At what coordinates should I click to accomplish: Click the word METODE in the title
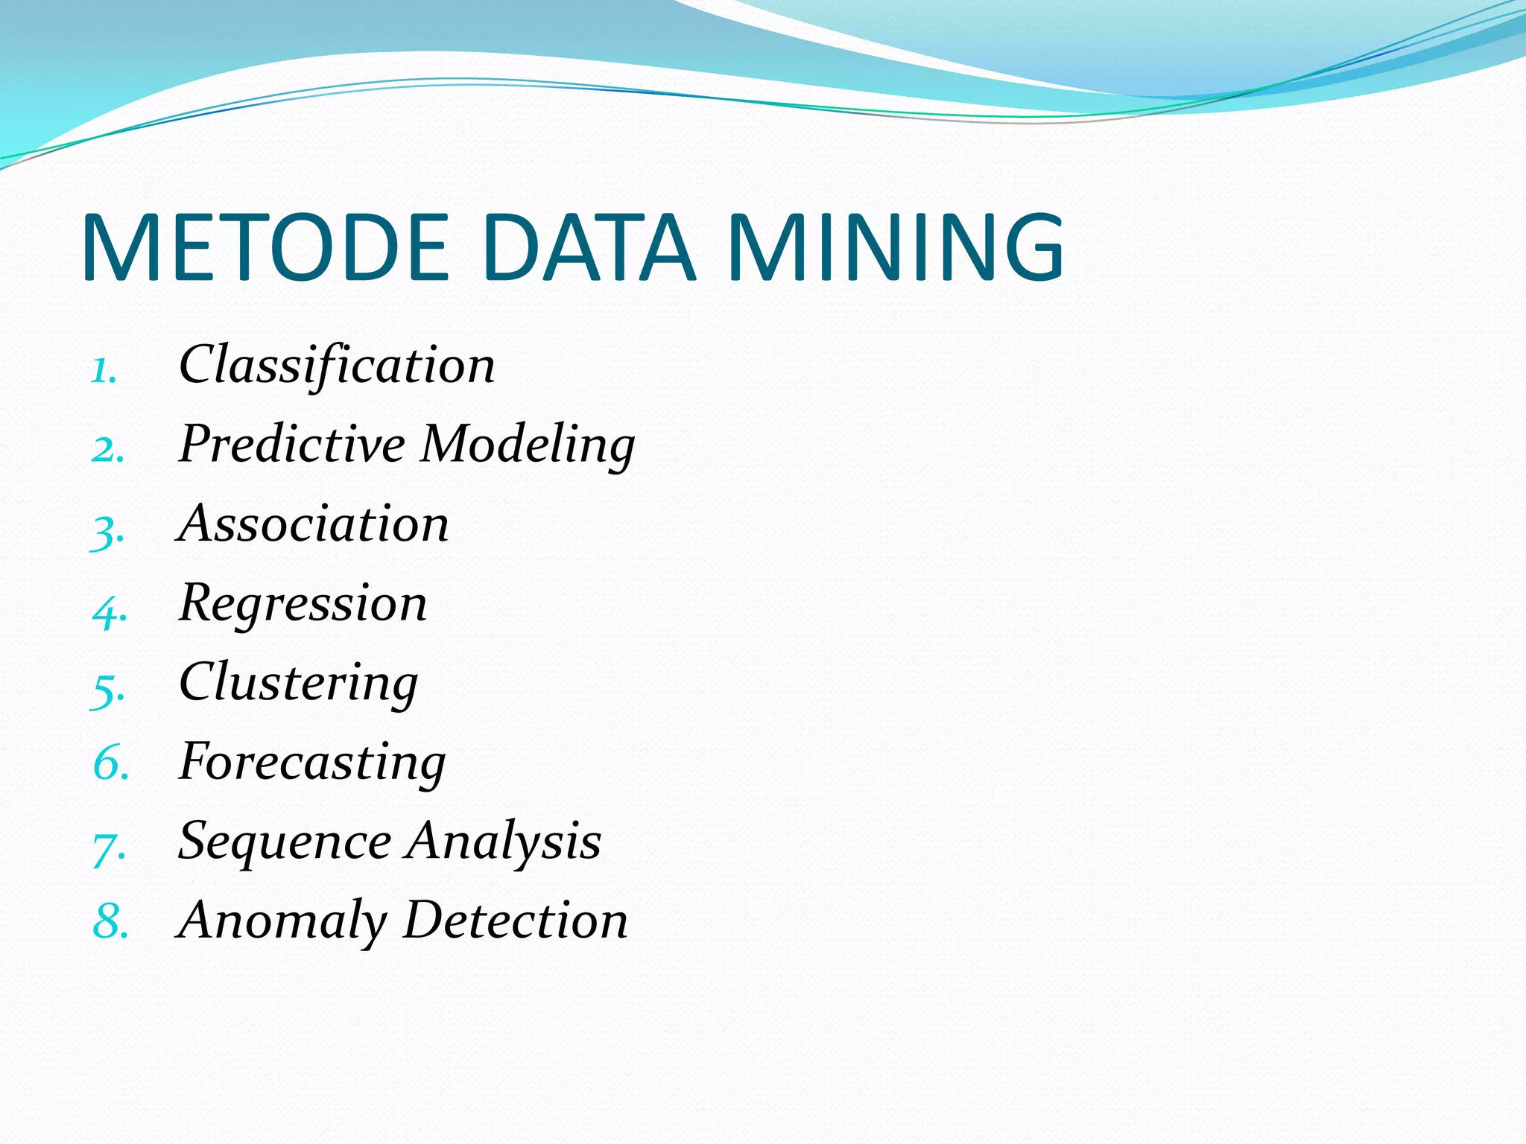pyautogui.click(x=266, y=248)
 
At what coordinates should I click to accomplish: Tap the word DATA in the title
pyautogui.click(x=589, y=248)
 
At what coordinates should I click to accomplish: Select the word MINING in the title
pyautogui.click(x=896, y=248)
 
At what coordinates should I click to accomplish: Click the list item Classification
pyautogui.click(x=337, y=365)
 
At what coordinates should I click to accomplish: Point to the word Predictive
pyautogui.click(x=292, y=444)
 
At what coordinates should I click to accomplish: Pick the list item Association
pyautogui.click(x=314, y=524)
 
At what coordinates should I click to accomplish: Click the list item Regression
pyautogui.click(x=303, y=604)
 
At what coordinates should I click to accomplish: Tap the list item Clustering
pyautogui.click(x=299, y=683)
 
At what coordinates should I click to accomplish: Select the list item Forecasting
pyautogui.click(x=313, y=763)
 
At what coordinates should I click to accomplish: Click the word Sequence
pyautogui.click(x=285, y=842)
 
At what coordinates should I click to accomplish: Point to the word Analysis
pyautogui.click(x=504, y=842)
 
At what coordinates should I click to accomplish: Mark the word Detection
pyautogui.click(x=516, y=921)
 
